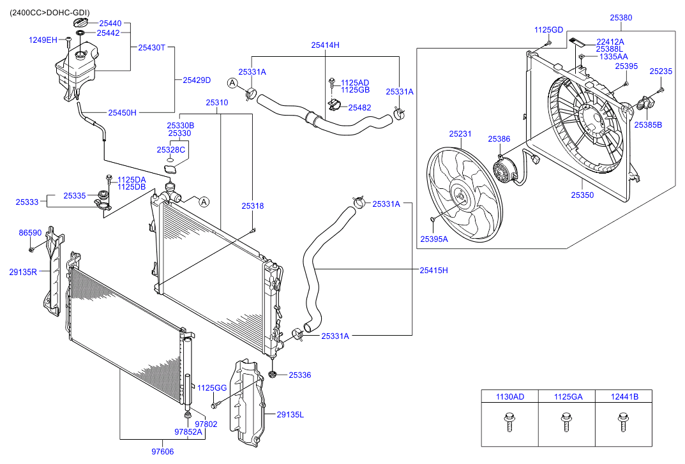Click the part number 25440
pos(110,24)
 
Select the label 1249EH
pos(43,40)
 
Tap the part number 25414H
pos(325,45)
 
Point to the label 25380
pos(620,18)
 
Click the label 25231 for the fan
pos(460,134)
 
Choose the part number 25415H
pos(433,270)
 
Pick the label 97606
pos(162,451)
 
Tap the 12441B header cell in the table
pos(624,396)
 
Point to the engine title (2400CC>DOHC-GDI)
pos(49,13)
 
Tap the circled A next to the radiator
pos(204,202)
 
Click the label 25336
pos(299,375)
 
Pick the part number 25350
pos(582,195)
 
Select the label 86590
pos(30,234)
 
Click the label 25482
pos(359,108)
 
